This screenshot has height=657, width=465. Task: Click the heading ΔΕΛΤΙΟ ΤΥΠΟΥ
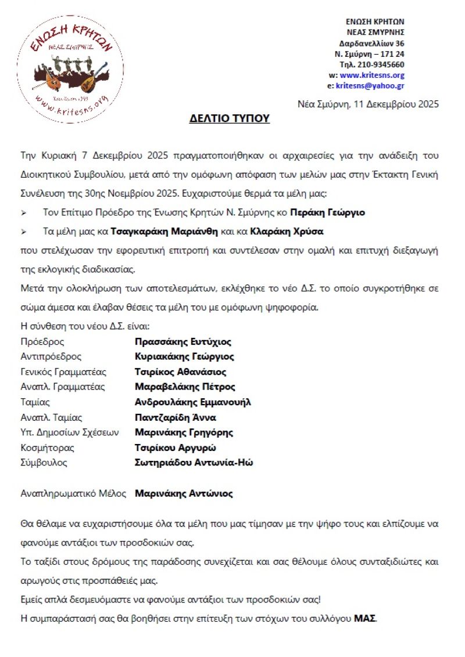(230, 119)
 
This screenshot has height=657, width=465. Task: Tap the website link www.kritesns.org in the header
(372, 75)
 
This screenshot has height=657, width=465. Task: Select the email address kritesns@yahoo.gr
(370, 85)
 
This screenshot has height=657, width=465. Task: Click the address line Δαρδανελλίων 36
(372, 44)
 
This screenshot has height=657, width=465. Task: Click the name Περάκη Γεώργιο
(328, 212)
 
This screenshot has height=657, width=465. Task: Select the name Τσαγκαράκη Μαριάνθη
(164, 231)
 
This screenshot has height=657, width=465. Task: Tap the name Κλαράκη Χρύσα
(287, 231)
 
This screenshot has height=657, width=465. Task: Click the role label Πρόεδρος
(42, 342)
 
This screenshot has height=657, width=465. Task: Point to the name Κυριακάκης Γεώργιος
(184, 357)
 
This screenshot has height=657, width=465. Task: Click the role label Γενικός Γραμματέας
(63, 372)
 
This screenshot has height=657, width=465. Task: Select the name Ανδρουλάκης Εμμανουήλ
(193, 402)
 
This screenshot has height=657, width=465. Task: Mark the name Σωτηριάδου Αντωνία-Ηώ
(194, 463)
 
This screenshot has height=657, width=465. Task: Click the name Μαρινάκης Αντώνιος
(184, 494)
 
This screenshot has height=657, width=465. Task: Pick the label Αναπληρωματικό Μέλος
(73, 494)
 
